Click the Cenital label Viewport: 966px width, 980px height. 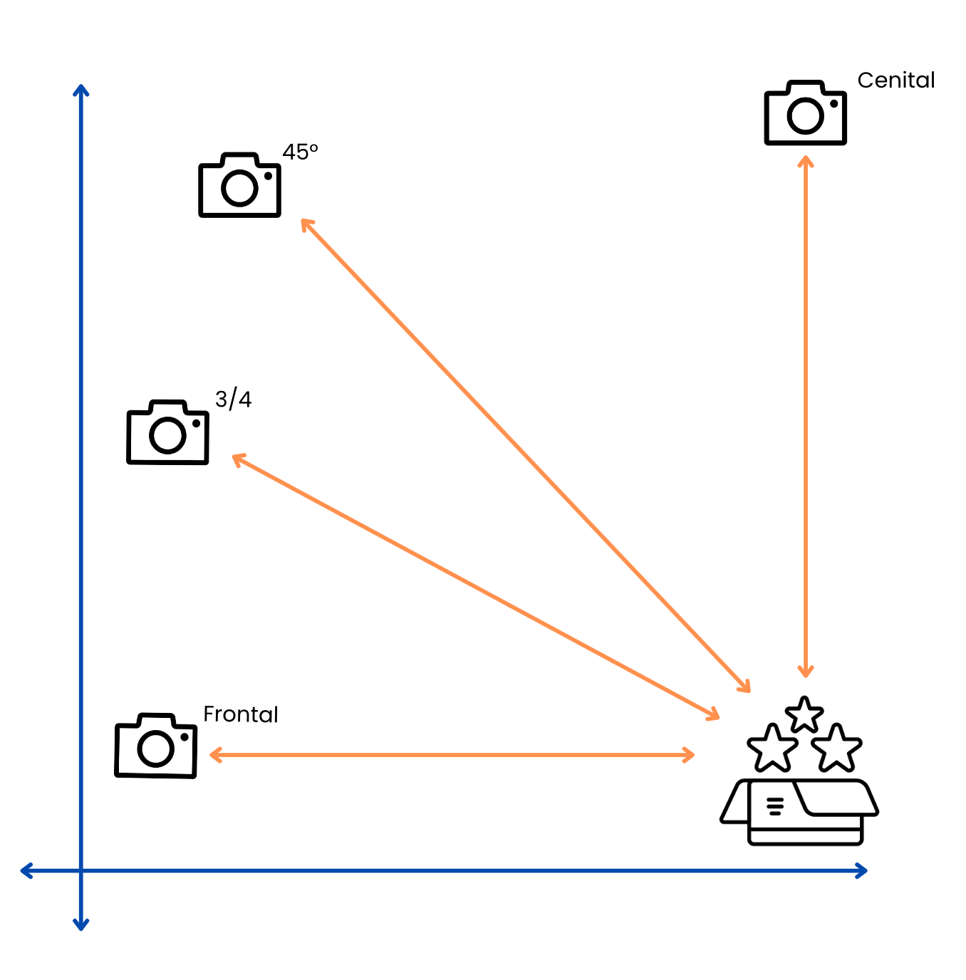(895, 80)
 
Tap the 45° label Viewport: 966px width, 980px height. (300, 152)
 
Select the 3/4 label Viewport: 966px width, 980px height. (233, 400)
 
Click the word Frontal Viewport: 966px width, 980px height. (241, 714)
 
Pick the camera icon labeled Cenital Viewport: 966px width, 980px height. (805, 113)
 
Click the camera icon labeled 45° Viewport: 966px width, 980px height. (239, 185)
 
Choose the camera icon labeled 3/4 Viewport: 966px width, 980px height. (167, 432)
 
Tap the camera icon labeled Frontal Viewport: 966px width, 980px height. (156, 746)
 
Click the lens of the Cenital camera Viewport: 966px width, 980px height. (806, 116)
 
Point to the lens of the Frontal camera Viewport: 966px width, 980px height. (156, 749)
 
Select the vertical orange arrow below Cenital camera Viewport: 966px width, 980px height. (806, 417)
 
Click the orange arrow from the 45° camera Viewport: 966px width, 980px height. (525, 456)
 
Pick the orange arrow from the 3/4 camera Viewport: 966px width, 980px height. (475, 585)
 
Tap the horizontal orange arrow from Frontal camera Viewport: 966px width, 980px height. (452, 754)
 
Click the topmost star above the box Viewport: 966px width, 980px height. (804, 714)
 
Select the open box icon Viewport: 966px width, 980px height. (799, 812)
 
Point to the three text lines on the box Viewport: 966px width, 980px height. (775, 806)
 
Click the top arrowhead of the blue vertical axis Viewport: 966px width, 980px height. (81, 90)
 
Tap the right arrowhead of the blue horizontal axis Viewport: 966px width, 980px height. (862, 870)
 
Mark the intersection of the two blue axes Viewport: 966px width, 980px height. (81, 870)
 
